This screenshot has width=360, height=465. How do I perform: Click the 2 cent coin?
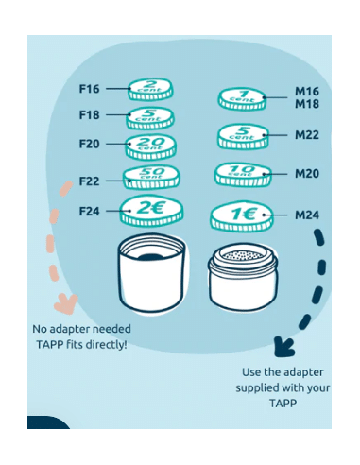(150, 89)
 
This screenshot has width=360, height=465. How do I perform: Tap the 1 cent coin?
(243, 99)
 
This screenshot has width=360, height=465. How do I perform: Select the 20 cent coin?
(150, 146)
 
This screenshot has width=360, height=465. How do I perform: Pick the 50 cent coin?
(151, 178)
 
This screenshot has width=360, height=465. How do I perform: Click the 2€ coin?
(151, 211)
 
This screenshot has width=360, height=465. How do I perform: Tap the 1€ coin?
(242, 217)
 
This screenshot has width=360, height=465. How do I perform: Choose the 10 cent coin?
(243, 175)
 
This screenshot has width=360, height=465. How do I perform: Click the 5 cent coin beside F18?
(150, 118)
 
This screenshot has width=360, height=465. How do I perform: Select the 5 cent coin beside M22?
(243, 137)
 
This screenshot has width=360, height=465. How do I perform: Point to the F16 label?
(89, 89)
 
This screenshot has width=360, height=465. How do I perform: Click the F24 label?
(89, 211)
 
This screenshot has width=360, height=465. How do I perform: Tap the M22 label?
(307, 135)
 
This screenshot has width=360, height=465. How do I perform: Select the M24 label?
(307, 215)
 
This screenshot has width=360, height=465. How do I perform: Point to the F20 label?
(89, 144)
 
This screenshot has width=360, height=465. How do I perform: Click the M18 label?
(307, 104)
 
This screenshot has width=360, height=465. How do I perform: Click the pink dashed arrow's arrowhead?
(66, 303)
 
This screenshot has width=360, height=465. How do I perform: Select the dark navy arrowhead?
(283, 347)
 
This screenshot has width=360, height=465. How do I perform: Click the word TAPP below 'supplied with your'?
(283, 403)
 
